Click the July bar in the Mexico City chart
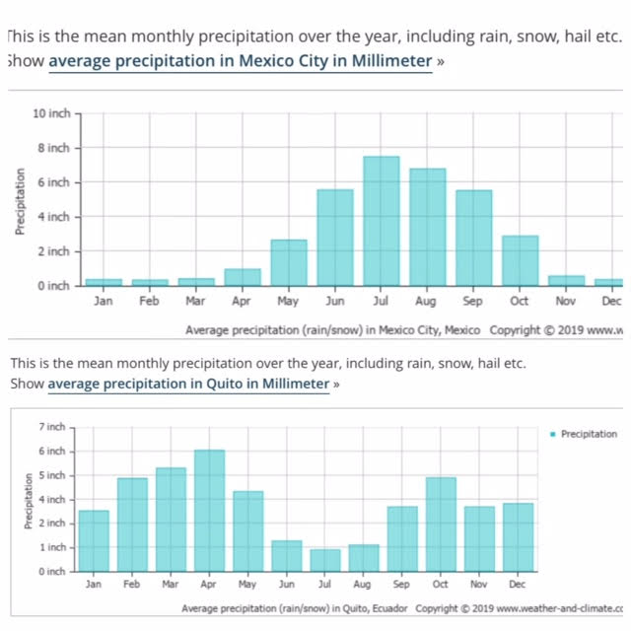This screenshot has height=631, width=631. point(381,221)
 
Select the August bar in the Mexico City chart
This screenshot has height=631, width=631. point(427,227)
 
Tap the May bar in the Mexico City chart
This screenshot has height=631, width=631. point(288,262)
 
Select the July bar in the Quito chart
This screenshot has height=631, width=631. point(324,560)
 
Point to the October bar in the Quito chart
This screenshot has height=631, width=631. point(441,524)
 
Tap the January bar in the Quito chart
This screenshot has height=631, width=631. point(94,540)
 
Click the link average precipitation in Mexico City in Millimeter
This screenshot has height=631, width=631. point(241,61)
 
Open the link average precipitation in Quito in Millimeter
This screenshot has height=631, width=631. point(188,384)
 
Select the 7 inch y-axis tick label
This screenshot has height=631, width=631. point(51,427)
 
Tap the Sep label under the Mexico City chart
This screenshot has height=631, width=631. point(473,301)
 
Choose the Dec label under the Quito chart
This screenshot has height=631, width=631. point(517,585)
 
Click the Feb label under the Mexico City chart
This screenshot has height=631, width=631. point(149,301)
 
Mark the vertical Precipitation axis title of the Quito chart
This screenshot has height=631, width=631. point(31,500)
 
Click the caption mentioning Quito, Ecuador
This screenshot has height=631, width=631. point(295,609)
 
